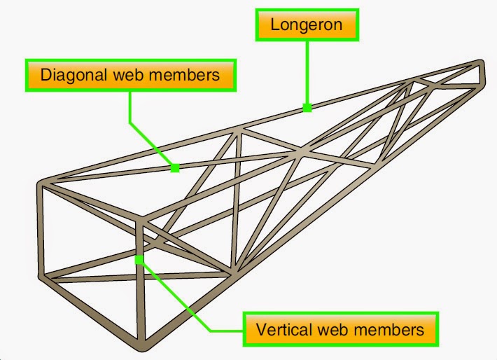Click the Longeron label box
pos(307,26)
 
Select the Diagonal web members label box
pos(130,75)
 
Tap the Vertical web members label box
pos(340,329)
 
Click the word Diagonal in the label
pos(68,75)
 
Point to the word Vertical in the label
pos(280,329)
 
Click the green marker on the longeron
pos(307,108)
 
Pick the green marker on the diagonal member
pos(174,168)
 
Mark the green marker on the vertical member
pos(139,260)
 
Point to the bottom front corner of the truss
pos(144,347)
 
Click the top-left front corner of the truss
pos(41,186)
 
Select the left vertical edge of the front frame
pos(43,231)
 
